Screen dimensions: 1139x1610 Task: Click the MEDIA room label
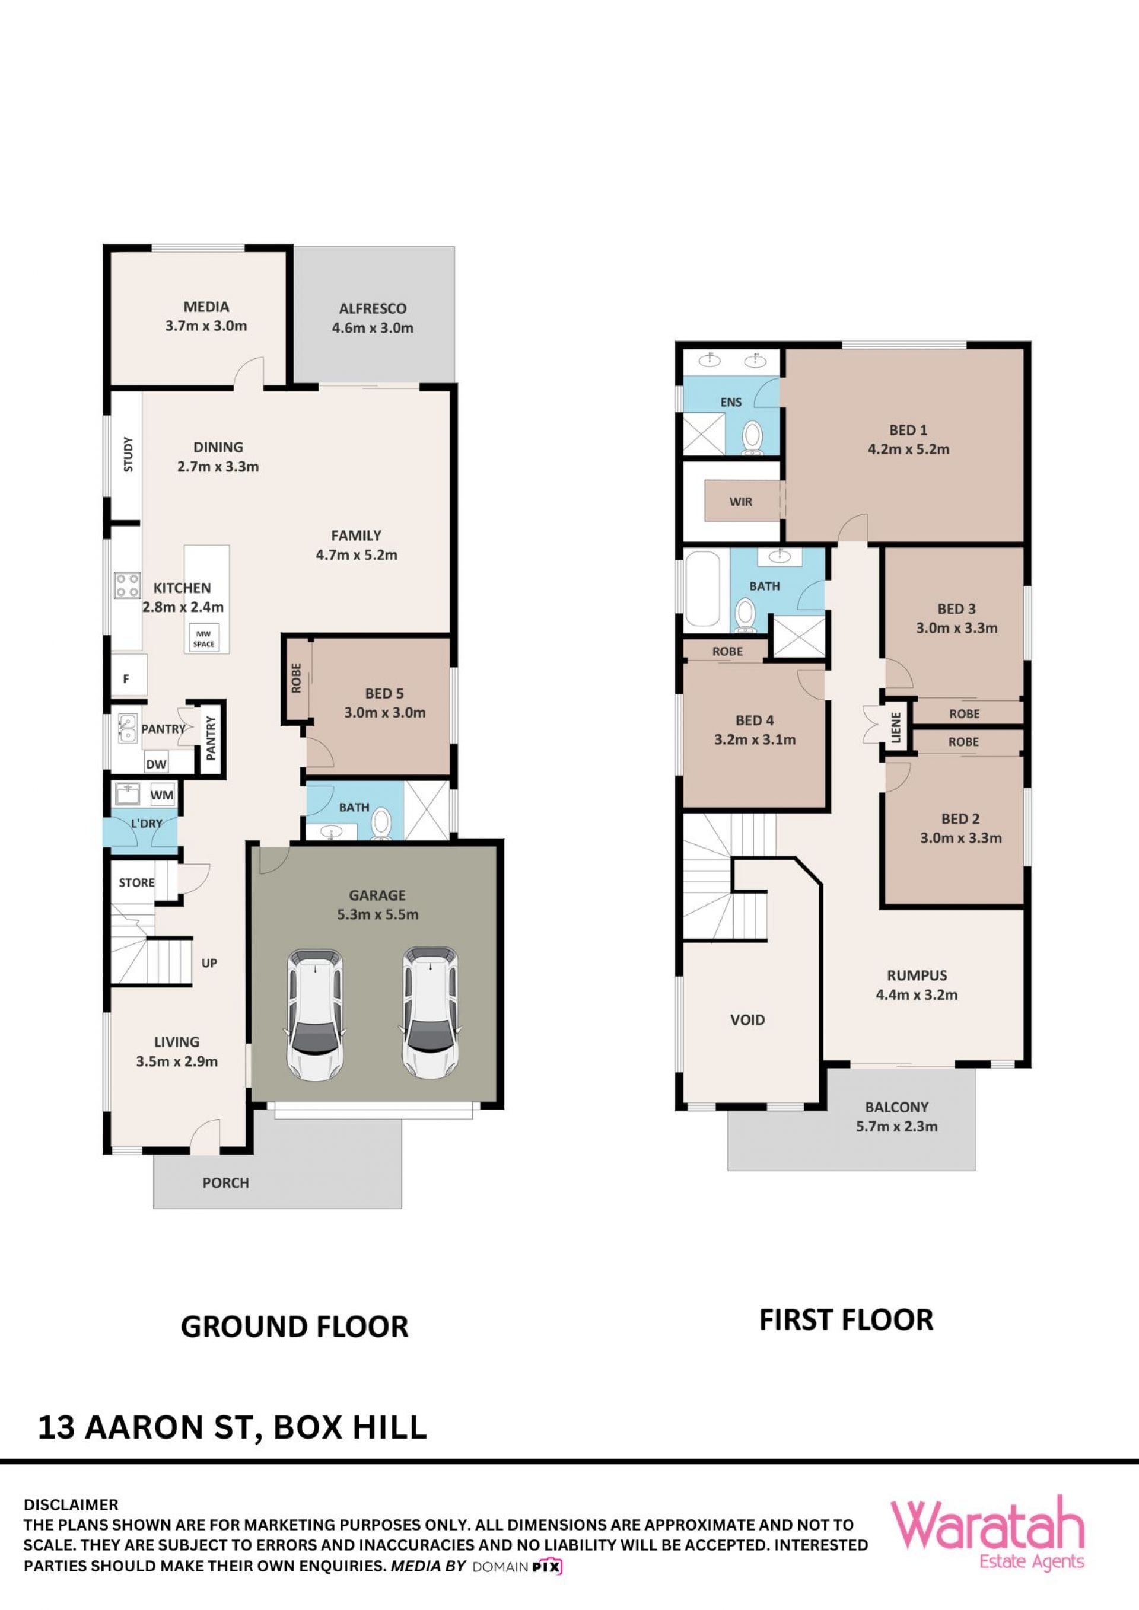[206, 307]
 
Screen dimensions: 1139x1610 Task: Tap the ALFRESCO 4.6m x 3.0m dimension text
[373, 327]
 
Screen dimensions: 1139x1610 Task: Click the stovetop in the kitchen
[128, 585]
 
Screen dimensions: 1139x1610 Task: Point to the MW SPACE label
[203, 639]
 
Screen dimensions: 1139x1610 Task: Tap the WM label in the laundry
[162, 795]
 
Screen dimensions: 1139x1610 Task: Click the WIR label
[740, 501]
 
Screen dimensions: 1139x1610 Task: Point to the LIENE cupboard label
[896, 727]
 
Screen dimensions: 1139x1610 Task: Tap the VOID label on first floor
[747, 1019]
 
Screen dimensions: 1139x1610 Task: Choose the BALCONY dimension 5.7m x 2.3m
[896, 1126]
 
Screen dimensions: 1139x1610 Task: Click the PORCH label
[226, 1183]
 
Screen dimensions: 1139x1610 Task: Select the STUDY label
[128, 454]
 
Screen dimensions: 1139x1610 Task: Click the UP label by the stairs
[209, 963]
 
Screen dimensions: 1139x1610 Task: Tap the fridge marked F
[128, 677]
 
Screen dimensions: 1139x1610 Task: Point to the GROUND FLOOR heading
[295, 1327]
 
